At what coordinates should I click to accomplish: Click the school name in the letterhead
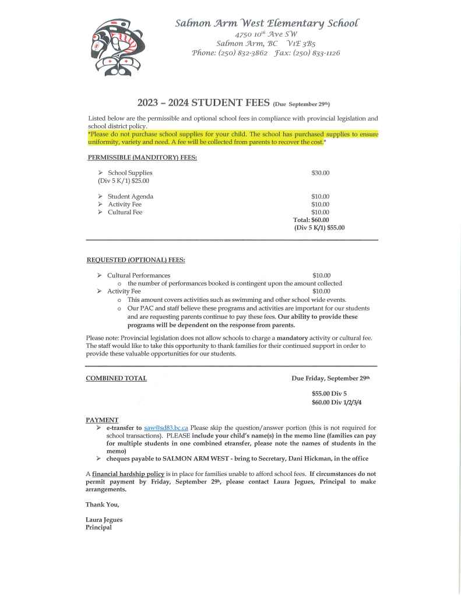pyautogui.click(x=268, y=23)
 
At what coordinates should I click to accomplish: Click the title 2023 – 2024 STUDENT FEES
pyautogui.click(x=203, y=104)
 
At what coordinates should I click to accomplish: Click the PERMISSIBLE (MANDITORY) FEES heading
pyautogui.click(x=142, y=157)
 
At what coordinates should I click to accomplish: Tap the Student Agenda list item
pyautogui.click(x=130, y=197)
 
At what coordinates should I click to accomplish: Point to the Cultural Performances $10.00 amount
pyautogui.click(x=321, y=275)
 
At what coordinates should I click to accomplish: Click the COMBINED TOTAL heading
pyautogui.click(x=116, y=378)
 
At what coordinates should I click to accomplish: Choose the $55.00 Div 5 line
pyautogui.click(x=329, y=393)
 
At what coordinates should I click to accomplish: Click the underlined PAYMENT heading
pyautogui.click(x=102, y=419)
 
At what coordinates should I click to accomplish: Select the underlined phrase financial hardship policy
pyautogui.click(x=128, y=474)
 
